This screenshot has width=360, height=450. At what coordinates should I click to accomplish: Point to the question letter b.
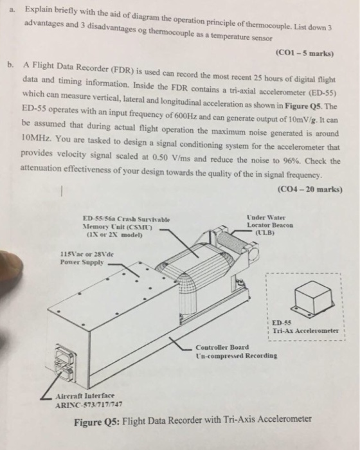tap(8, 66)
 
